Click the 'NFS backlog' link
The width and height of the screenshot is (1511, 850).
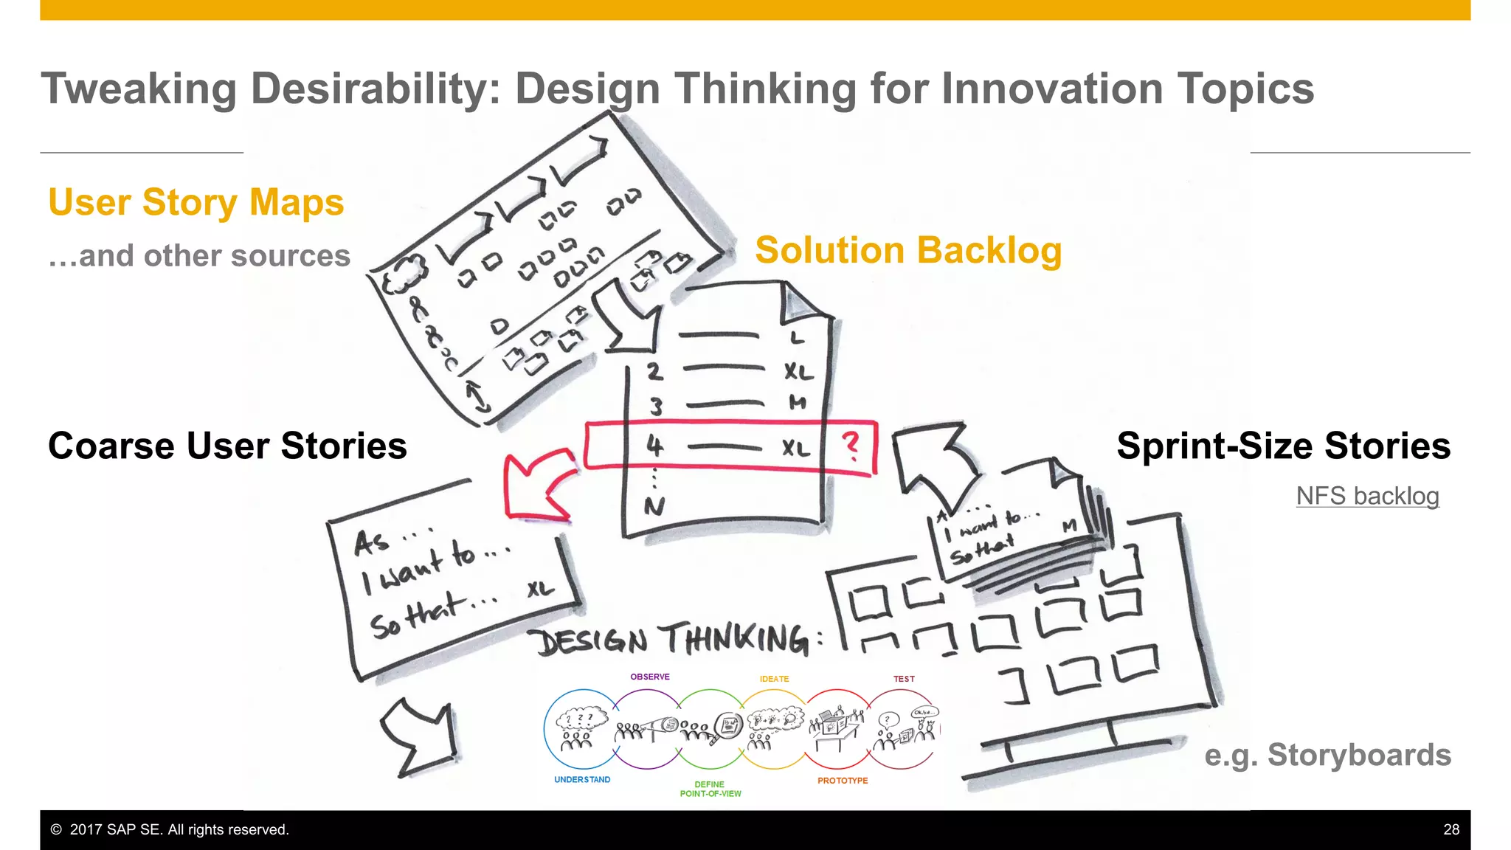[1367, 496]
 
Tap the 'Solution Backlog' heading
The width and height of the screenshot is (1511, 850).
[908, 250]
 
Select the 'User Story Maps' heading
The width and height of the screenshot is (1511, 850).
[196, 202]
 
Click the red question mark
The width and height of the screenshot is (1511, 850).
[851, 446]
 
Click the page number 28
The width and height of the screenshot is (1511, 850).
[1451, 829]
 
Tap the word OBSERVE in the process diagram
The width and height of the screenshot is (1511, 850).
[649, 677]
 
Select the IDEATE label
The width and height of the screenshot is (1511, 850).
[774, 679]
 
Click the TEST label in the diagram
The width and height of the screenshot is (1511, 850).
[904, 679]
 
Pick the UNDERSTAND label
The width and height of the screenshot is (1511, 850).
[582, 780]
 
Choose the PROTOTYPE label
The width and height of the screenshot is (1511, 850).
[843, 781]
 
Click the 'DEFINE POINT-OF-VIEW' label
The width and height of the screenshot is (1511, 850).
[710, 789]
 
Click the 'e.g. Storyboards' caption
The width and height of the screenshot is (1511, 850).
[1327, 755]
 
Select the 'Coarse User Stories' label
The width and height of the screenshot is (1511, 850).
[227, 446]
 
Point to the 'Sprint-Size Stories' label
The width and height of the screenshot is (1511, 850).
[1283, 446]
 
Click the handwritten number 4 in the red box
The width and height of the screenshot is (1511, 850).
[654, 446]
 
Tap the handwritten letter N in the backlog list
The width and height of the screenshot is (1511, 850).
[654, 506]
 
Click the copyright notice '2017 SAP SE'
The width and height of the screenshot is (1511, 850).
[170, 829]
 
